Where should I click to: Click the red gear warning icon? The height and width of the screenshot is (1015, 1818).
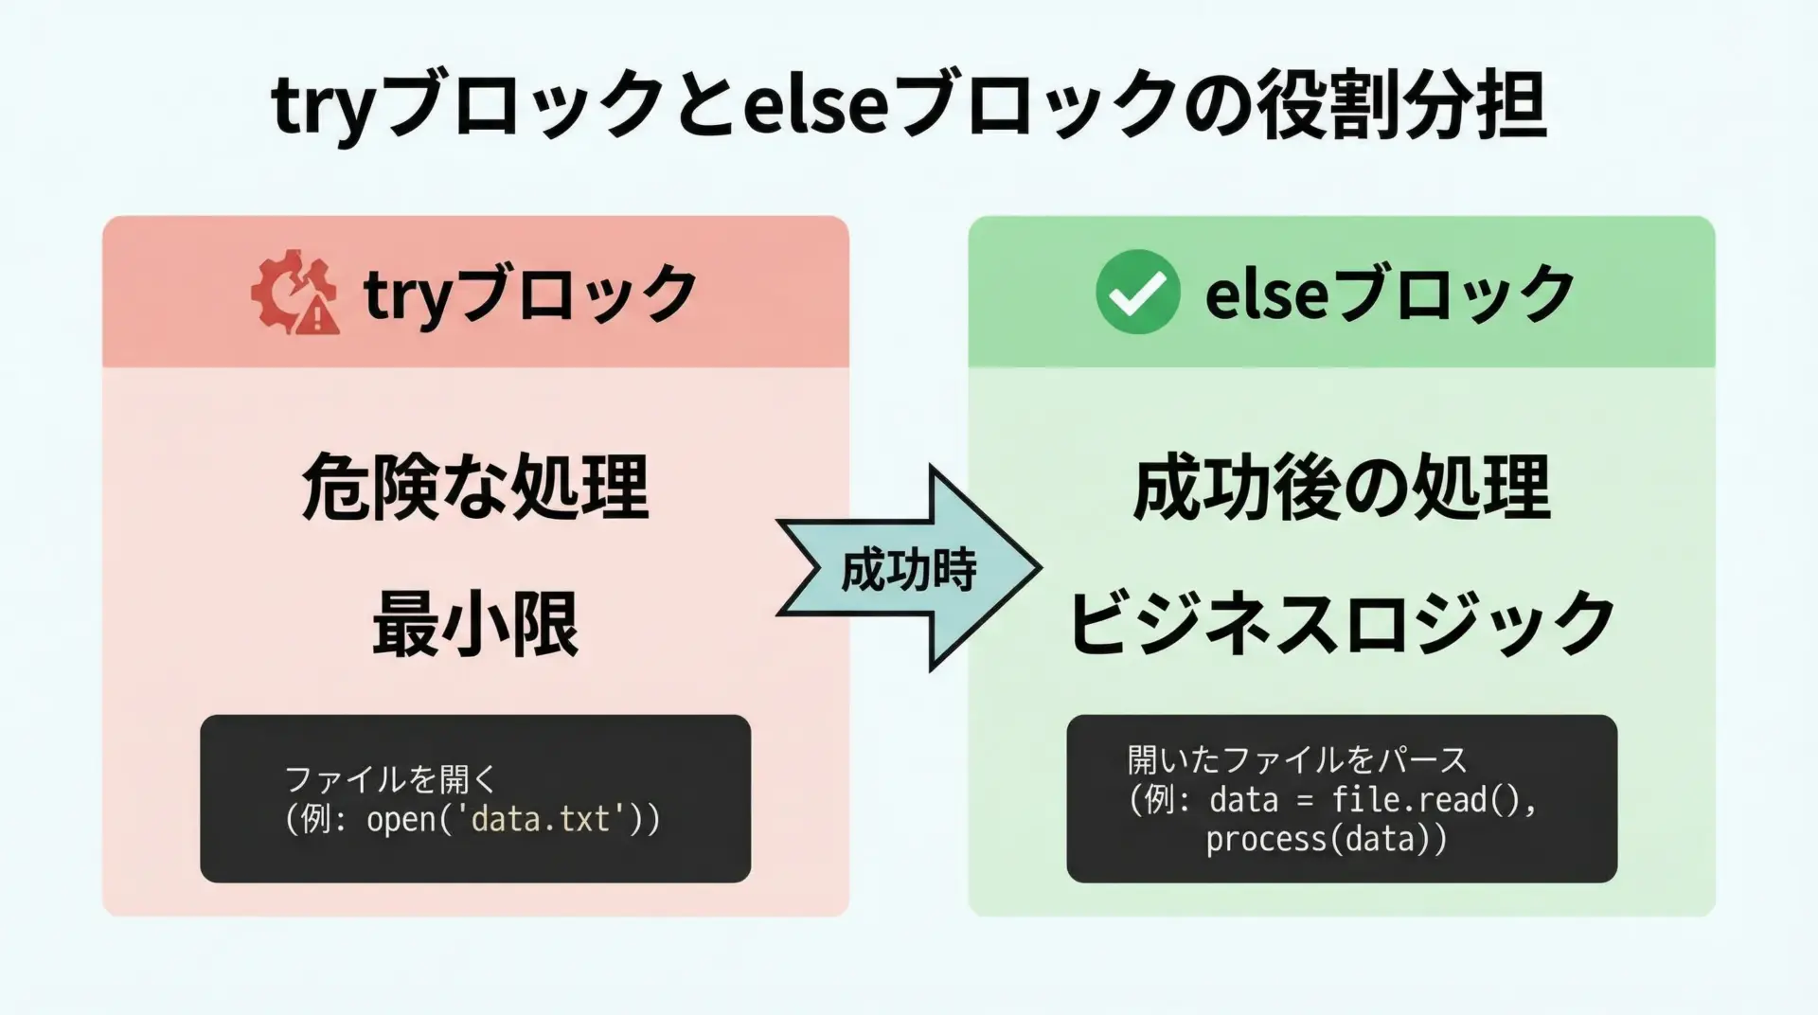294,293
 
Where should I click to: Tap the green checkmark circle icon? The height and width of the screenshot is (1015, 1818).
1137,293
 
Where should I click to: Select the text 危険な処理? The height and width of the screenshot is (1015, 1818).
475,487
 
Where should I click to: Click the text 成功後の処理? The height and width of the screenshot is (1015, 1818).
1342,487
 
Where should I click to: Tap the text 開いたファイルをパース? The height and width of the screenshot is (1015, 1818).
1297,759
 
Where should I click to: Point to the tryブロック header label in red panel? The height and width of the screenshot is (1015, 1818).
530,293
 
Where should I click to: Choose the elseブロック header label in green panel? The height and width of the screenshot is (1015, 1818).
1389,293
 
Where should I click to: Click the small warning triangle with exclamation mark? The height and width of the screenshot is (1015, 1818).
318,315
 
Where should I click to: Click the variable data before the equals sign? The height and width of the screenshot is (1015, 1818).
1243,800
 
